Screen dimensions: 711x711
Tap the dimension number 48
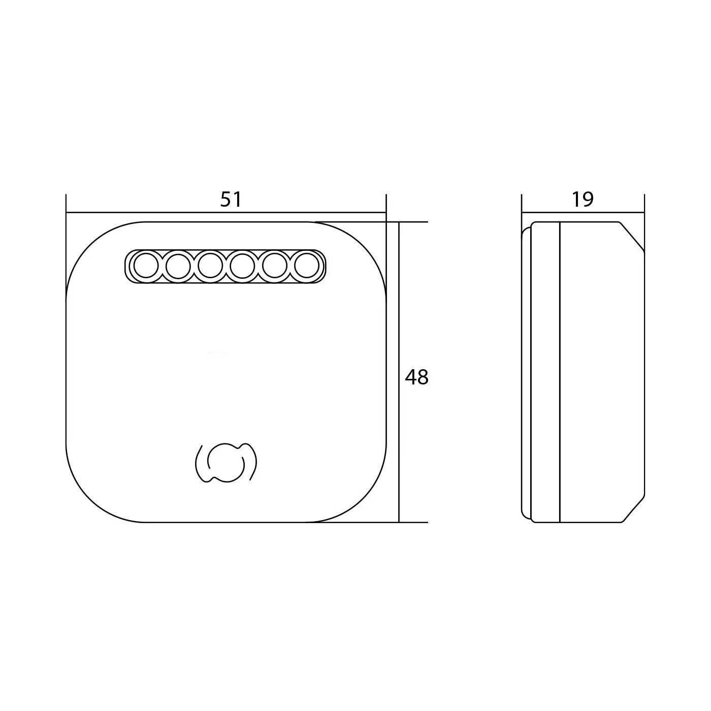pyautogui.click(x=416, y=377)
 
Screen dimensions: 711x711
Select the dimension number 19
pyautogui.click(x=583, y=200)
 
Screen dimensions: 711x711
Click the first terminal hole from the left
pyautogui.click(x=146, y=266)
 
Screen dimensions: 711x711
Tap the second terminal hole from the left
pyautogui.click(x=178, y=266)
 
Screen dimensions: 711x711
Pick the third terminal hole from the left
pyautogui.click(x=210, y=266)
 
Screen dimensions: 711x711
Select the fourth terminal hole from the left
pyautogui.click(x=242, y=266)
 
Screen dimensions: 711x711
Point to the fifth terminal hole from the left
pyautogui.click(x=275, y=266)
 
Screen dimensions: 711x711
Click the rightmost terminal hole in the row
pyautogui.click(x=307, y=266)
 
